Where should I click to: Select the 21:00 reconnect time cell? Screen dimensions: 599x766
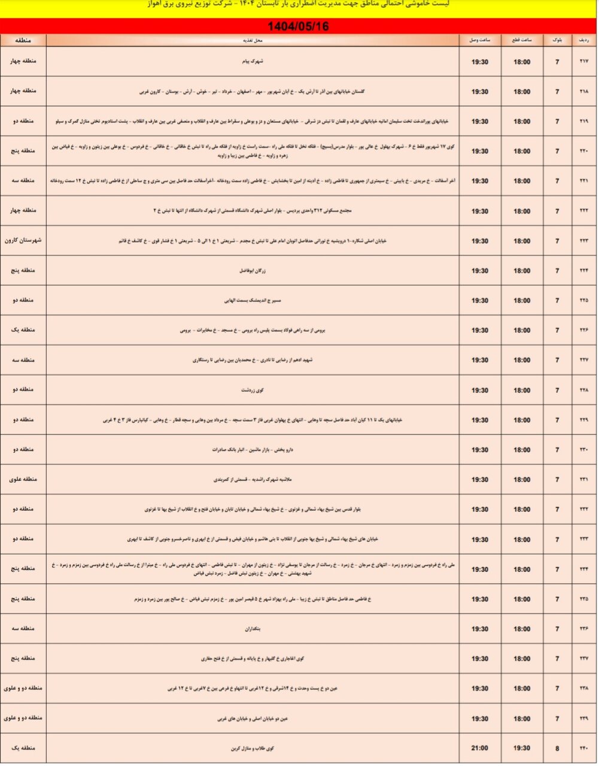(x=479, y=748)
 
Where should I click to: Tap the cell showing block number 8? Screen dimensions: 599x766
(x=557, y=748)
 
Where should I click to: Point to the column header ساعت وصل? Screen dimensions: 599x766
(x=479, y=41)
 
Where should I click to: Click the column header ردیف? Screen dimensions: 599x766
(x=584, y=41)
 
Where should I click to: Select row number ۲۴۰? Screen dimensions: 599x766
(x=584, y=748)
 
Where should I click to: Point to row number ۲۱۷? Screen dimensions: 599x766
(x=584, y=62)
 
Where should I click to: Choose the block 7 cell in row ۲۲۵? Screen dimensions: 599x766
(x=557, y=301)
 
